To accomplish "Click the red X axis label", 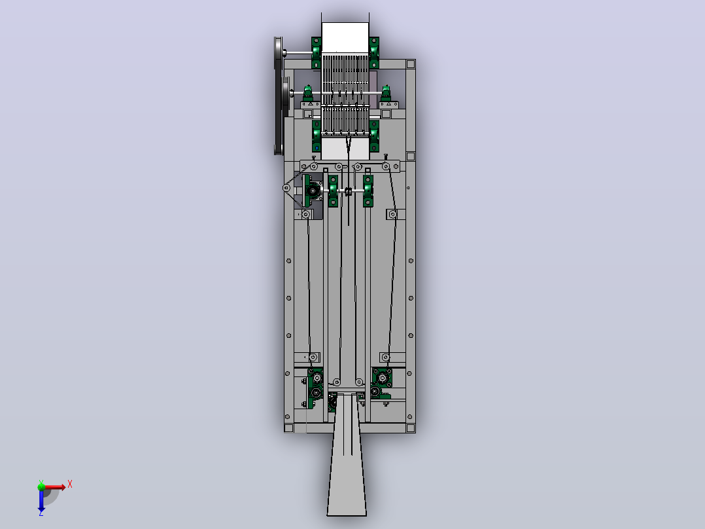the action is pos(70,484).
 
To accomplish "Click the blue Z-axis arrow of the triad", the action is pos(41,500).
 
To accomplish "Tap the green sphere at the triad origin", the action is pos(41,486).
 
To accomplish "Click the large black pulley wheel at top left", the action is pos(279,96).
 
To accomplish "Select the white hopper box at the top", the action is pos(345,38).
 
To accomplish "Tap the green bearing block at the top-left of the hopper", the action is pos(316,52).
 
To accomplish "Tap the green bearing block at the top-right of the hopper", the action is pos(374,52).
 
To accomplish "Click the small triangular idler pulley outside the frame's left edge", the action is pos(286,188).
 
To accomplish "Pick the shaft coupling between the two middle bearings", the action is pos(348,192).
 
